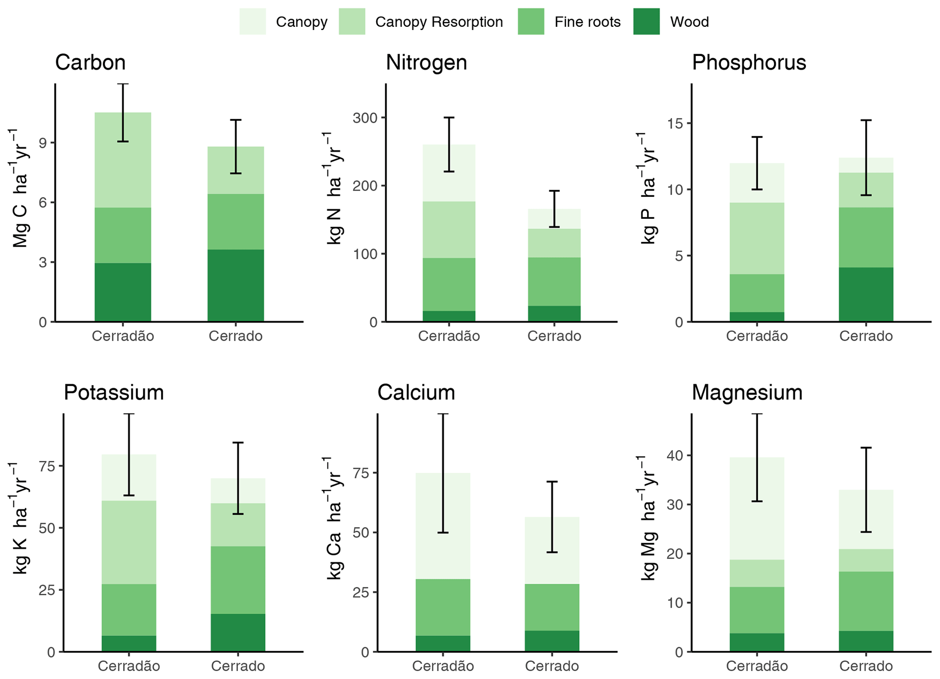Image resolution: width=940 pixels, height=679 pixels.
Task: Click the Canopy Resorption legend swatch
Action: point(352,21)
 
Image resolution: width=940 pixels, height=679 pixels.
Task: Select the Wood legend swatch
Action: point(646,21)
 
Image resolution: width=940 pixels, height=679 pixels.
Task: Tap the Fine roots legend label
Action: point(587,22)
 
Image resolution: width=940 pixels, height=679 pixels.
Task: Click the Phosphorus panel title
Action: point(749,62)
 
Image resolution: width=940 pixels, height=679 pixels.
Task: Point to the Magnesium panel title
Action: point(747,392)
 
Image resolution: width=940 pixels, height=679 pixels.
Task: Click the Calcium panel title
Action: point(416,392)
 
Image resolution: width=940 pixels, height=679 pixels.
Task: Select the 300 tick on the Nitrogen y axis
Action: point(365,118)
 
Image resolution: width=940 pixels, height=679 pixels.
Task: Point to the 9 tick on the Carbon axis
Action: point(43,143)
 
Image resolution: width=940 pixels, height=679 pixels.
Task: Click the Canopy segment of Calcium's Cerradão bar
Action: point(442,526)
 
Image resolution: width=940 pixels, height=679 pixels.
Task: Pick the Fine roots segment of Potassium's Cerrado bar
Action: point(238,580)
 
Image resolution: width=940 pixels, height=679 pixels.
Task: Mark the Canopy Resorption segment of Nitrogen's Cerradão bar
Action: point(448,230)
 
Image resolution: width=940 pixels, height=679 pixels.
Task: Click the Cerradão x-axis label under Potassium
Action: point(129,666)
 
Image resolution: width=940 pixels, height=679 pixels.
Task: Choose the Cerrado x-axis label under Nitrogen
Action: point(554,337)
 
